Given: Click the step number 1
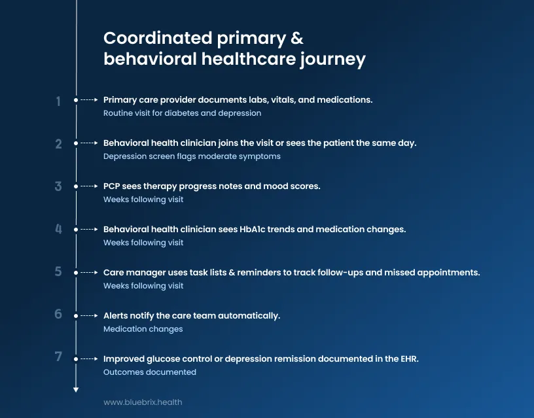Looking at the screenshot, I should click(58, 101).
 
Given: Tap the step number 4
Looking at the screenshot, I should click(58, 230).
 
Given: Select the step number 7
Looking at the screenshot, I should click(58, 357).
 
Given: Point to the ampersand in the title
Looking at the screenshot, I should click(297, 38).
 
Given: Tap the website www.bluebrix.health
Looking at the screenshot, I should click(143, 402).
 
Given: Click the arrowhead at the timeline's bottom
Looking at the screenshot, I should click(76, 389).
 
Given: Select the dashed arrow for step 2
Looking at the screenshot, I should click(88, 143).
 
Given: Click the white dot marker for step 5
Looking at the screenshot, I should click(76, 273).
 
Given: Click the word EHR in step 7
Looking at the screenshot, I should click(408, 358).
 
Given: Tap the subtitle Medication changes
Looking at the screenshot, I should click(143, 329).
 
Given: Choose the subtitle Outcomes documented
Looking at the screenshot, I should click(149, 372).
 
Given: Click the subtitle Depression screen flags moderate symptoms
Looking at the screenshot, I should click(192, 156).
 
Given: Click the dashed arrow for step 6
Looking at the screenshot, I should click(88, 316).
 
